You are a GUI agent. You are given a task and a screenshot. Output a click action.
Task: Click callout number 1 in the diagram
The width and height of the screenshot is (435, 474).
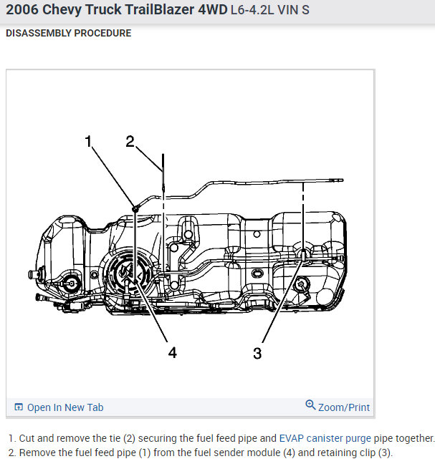pyautogui.click(x=89, y=141)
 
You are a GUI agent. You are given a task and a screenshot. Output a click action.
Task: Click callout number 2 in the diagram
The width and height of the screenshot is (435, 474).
pyautogui.click(x=130, y=141)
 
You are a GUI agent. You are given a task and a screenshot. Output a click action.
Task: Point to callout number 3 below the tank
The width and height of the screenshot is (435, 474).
pyautogui.click(x=257, y=352)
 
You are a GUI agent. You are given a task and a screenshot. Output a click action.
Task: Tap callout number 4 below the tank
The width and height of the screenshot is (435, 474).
pyautogui.click(x=171, y=352)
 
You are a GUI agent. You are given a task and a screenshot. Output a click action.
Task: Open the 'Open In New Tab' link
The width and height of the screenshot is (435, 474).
pyautogui.click(x=65, y=407)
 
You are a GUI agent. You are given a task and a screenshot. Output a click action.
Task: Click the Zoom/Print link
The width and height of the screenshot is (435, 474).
pyautogui.click(x=344, y=407)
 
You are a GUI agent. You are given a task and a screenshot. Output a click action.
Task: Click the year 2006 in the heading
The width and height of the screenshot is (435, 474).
pyautogui.click(x=24, y=11)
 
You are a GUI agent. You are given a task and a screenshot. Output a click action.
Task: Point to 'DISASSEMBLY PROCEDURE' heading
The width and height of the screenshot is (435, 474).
pyautogui.click(x=68, y=33)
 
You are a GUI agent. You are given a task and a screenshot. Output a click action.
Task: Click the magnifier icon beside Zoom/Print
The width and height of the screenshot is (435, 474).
pyautogui.click(x=310, y=405)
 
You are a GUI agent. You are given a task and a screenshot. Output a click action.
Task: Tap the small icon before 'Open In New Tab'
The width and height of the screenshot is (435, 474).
pyautogui.click(x=19, y=407)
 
